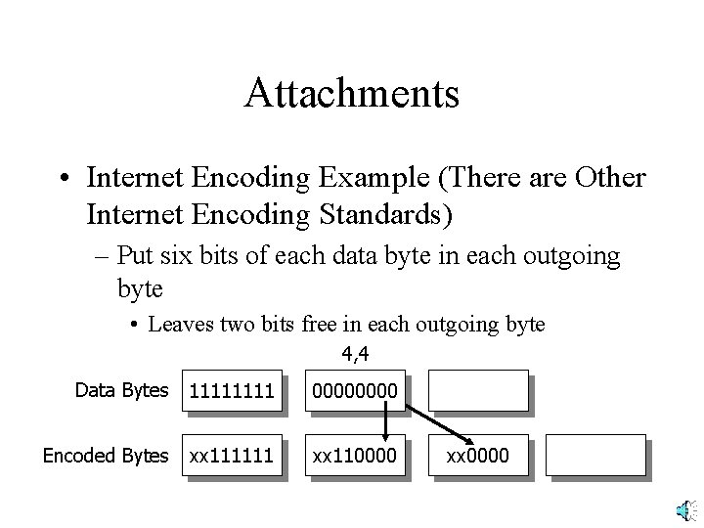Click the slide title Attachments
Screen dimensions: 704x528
pos(352,93)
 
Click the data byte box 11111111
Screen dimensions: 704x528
pos(233,391)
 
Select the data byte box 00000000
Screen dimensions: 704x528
pos(354,391)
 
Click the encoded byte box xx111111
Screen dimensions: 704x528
pos(233,456)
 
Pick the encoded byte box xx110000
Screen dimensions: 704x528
pos(354,456)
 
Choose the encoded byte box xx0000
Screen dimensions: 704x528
pos(477,456)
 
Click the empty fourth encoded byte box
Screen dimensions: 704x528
pos(594,456)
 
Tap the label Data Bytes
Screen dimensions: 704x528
pos(122,390)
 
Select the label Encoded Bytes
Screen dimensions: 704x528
pos(107,456)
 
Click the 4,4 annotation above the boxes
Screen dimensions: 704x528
pos(355,353)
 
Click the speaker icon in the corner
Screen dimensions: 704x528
pos(686,507)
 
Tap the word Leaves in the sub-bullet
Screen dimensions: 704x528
pos(179,325)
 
